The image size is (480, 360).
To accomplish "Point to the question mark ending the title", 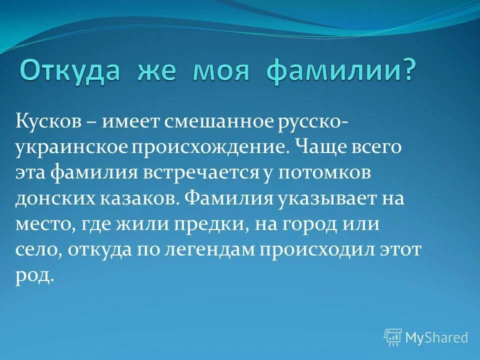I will tap(407, 71).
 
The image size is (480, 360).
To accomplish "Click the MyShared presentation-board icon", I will tap(392, 337).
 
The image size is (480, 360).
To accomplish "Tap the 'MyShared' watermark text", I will tap(436, 337).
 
